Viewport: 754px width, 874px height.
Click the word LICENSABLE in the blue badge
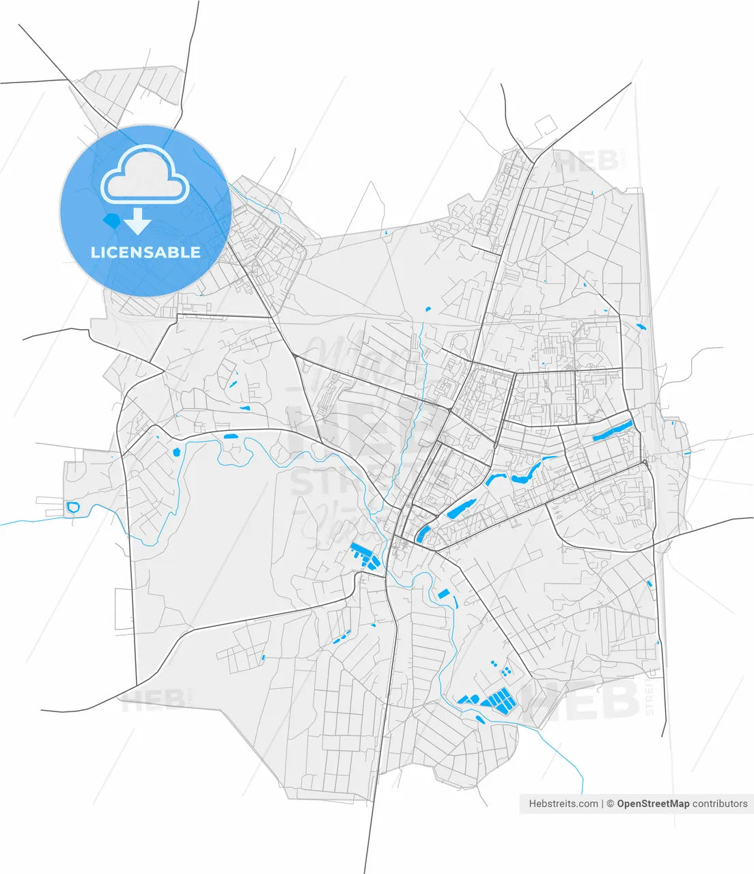[145, 252]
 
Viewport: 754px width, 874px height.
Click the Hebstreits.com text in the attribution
[563, 804]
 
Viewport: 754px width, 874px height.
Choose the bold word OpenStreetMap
[653, 804]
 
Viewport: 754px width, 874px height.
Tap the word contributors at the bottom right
[720, 804]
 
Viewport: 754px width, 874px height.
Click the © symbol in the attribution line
[611, 804]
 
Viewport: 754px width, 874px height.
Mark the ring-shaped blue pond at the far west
[73, 507]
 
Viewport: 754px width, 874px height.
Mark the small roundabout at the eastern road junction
[643, 463]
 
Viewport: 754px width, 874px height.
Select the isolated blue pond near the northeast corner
[641, 326]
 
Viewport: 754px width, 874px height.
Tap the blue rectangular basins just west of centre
[365, 556]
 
